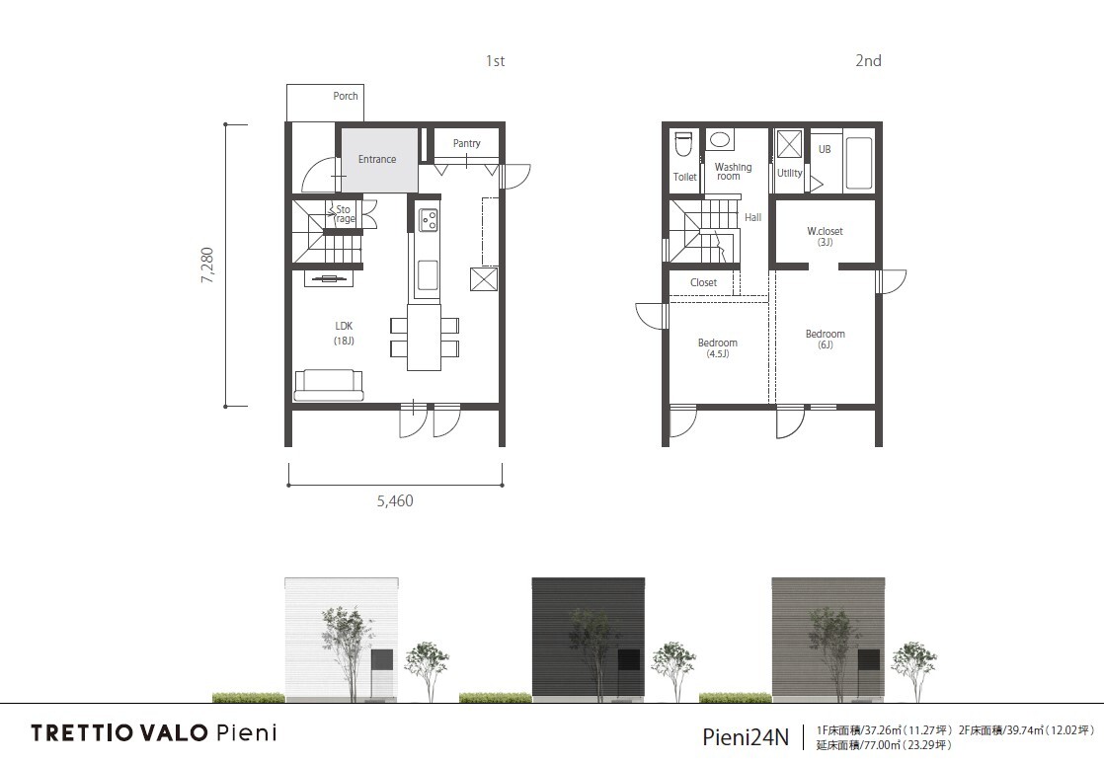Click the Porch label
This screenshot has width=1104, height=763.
345,96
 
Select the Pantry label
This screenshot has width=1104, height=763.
466,143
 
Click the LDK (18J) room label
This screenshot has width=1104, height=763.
345,333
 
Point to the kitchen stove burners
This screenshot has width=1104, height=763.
429,219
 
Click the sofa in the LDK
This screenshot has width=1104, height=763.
329,384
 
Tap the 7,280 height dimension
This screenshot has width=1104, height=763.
207,266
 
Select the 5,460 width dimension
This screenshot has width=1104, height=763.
395,501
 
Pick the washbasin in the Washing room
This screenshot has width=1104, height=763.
719,138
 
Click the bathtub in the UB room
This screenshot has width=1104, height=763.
858,163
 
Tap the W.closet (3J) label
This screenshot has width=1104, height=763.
825,236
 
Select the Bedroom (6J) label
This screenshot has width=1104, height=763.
826,339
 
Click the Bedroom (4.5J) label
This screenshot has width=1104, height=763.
718,347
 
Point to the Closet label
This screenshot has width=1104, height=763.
703,282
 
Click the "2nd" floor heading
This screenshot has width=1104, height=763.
868,60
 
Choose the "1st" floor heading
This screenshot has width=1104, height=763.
495,61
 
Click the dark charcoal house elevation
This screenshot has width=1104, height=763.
588,639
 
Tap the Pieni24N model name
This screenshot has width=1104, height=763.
746,737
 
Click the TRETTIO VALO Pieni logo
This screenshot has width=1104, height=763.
154,732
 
